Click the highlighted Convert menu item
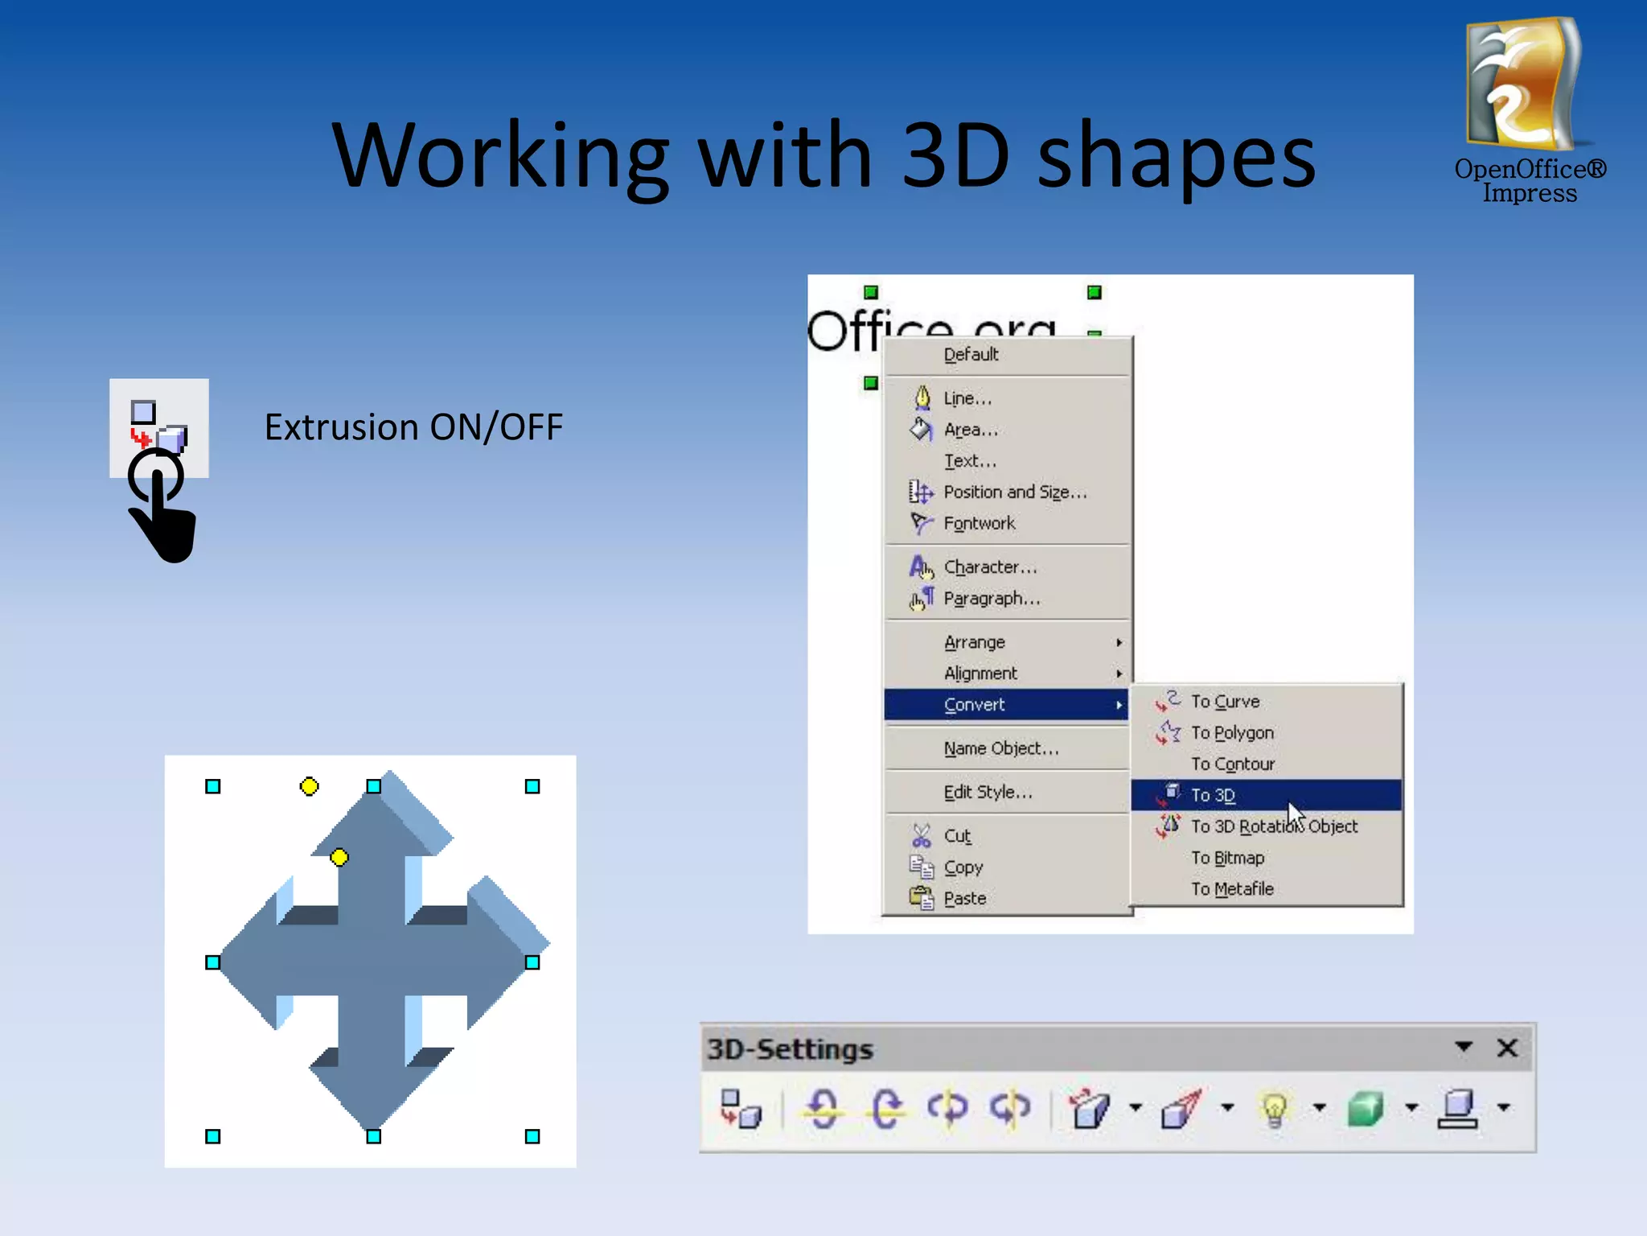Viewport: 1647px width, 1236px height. point(974,705)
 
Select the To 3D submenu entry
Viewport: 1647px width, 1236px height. point(1213,795)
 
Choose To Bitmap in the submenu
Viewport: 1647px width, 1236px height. point(1227,858)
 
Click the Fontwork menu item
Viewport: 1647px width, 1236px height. point(979,523)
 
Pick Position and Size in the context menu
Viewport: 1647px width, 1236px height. point(1015,492)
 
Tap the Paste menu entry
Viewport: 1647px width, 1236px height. point(964,898)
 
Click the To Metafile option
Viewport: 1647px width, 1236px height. point(1232,889)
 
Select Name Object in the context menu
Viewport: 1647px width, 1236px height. point(1000,748)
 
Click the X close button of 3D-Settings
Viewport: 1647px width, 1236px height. point(1507,1048)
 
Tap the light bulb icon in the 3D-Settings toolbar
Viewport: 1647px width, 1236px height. point(1275,1109)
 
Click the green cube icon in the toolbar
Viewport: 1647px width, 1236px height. point(1366,1109)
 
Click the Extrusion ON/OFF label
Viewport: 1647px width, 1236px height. point(413,427)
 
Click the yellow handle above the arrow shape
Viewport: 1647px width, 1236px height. point(309,786)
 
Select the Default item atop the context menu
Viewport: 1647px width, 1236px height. point(971,355)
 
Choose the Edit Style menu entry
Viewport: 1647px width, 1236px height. point(988,793)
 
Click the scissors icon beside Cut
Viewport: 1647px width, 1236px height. point(922,836)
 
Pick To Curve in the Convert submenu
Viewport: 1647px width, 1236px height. point(1225,702)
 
